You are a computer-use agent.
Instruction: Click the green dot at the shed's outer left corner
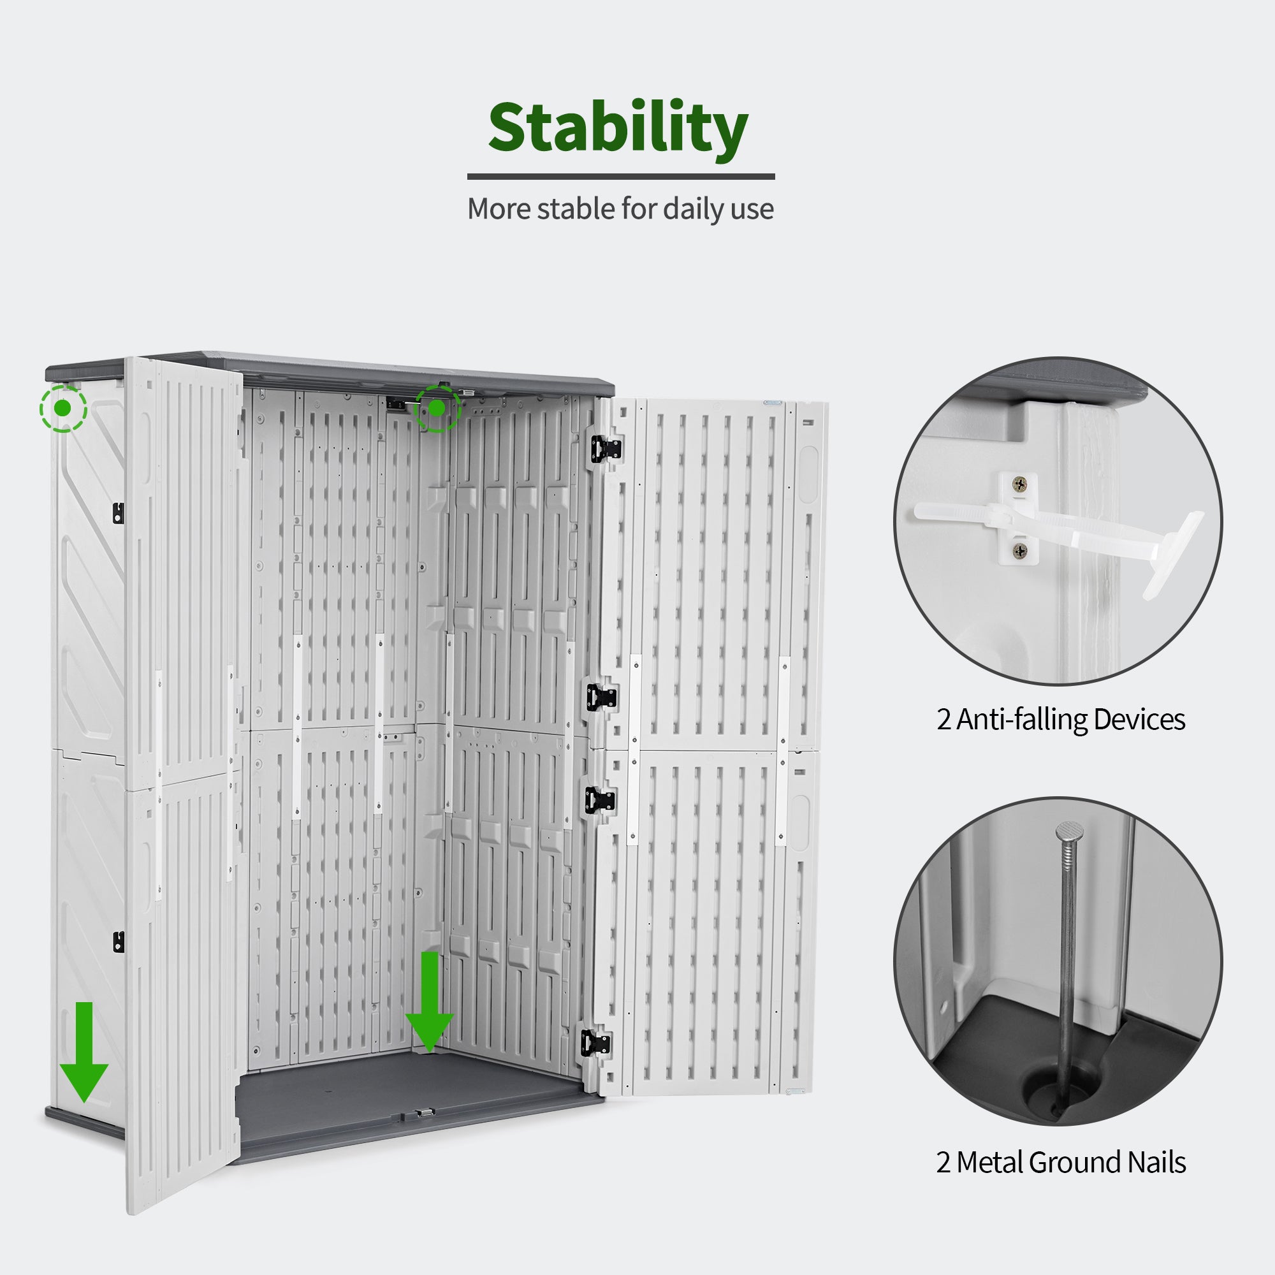62,409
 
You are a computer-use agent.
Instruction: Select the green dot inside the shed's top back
436,409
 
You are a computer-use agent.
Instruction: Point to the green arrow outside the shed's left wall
84,1052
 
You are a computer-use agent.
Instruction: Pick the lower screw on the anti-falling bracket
1020,550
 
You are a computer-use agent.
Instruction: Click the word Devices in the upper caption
1140,719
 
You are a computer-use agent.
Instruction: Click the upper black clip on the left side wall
118,513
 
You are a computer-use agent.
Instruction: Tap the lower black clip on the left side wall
118,942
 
